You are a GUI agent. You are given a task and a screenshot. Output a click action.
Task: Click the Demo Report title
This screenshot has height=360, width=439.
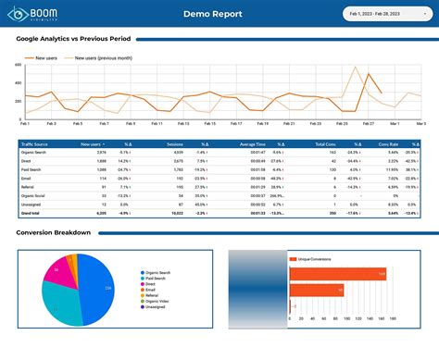click(213, 14)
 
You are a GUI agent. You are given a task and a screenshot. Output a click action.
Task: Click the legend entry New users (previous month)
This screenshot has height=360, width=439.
click(109, 57)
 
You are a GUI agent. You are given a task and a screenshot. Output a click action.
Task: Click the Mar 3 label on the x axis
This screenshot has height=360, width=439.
click(420, 123)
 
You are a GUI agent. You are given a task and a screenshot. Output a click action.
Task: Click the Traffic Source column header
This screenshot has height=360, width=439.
click(36, 144)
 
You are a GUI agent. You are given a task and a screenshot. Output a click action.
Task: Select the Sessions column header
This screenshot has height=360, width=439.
click(174, 144)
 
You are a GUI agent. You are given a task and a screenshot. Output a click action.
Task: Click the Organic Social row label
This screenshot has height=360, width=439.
click(36, 194)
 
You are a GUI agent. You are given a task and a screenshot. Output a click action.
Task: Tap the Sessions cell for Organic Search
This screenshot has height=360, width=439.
click(176, 153)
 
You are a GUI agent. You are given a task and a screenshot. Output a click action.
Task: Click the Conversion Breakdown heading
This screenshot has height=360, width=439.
click(54, 232)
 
